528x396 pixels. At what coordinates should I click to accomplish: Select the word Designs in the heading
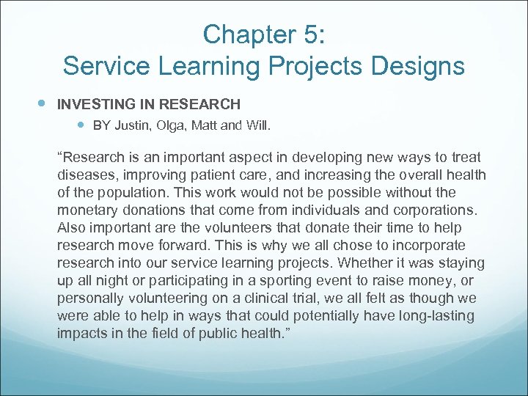[x=417, y=66]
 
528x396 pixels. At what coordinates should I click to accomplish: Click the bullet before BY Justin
[x=81, y=125]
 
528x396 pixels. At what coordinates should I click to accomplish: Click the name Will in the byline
[x=255, y=125]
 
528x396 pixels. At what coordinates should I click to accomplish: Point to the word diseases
[x=84, y=175]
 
